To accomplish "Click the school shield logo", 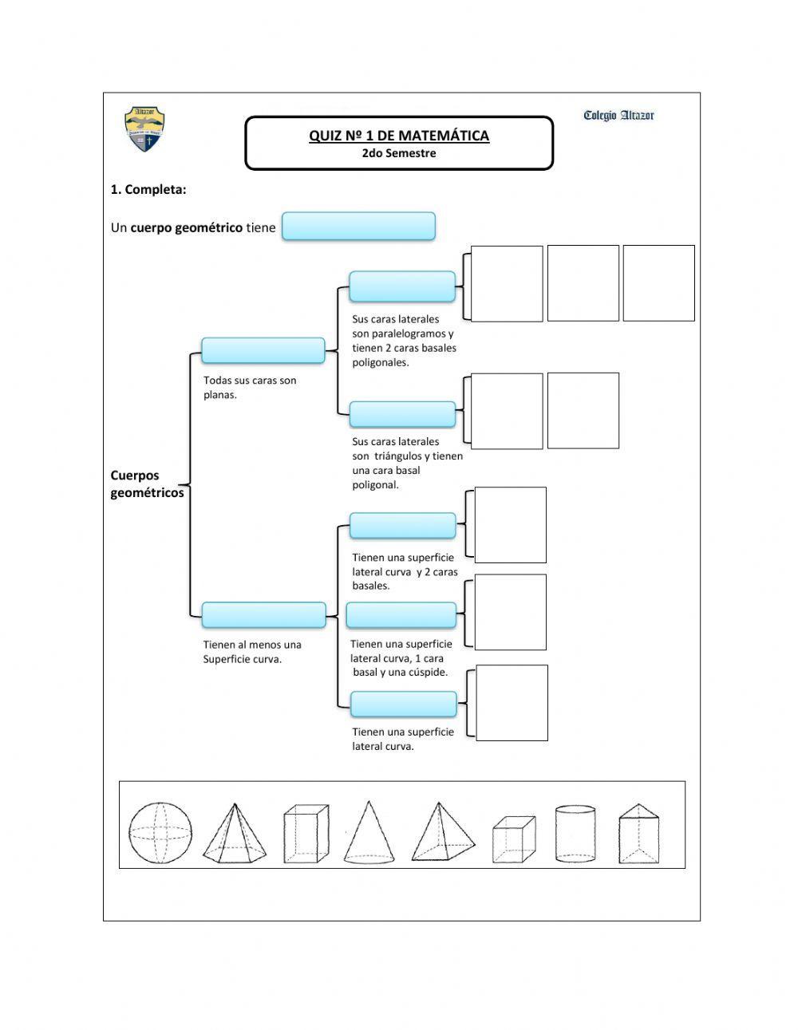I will click(x=144, y=128).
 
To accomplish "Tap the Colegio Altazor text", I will click(x=618, y=116).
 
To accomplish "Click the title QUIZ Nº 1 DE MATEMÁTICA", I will click(x=399, y=136).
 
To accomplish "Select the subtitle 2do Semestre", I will click(x=399, y=153).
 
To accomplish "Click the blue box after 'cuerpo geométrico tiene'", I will click(x=358, y=227).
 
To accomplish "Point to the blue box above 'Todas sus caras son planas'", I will click(x=263, y=350).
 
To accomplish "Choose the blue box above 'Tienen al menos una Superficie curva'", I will click(x=263, y=615).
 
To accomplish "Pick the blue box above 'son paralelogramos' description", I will click(x=402, y=285).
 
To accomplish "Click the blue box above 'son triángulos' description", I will click(x=402, y=414).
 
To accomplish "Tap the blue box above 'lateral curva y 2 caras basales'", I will click(x=402, y=526).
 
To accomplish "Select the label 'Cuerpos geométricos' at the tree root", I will click(x=147, y=484).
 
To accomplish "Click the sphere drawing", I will click(x=160, y=834).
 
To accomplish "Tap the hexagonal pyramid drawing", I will click(x=232, y=834).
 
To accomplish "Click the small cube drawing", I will click(x=512, y=840).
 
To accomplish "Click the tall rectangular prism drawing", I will click(x=306, y=834).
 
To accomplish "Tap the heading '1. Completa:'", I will click(x=148, y=189).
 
